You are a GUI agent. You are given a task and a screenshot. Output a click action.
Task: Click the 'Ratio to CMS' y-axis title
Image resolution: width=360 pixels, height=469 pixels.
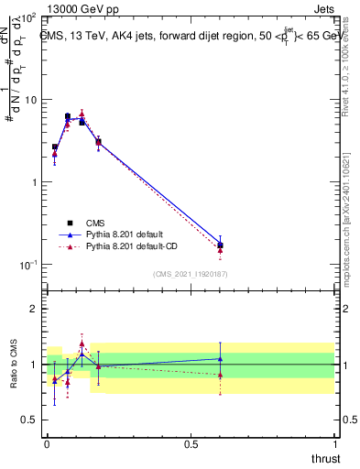click(x=13, y=365)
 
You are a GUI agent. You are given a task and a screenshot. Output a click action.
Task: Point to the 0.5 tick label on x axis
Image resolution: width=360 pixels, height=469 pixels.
click(x=191, y=443)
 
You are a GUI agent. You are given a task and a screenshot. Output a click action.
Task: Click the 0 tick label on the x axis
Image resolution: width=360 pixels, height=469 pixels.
click(x=47, y=443)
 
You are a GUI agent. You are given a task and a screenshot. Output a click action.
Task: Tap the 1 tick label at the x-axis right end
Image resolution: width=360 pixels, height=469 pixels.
click(x=334, y=443)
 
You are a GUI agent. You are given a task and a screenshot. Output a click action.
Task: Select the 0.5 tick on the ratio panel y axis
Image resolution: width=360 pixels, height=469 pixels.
click(x=28, y=420)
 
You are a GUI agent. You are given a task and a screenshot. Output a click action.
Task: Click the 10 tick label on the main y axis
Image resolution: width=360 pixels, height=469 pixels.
click(x=28, y=101)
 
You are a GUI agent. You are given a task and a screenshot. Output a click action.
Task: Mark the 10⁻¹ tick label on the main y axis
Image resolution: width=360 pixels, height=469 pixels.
click(x=27, y=265)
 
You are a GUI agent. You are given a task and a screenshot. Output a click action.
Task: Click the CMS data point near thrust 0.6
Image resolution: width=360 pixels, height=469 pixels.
click(x=220, y=245)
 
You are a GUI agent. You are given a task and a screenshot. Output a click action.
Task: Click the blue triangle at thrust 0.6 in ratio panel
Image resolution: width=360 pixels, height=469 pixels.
click(x=220, y=358)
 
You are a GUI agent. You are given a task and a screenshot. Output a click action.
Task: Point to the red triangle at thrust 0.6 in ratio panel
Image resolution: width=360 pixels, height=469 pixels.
click(x=220, y=375)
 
